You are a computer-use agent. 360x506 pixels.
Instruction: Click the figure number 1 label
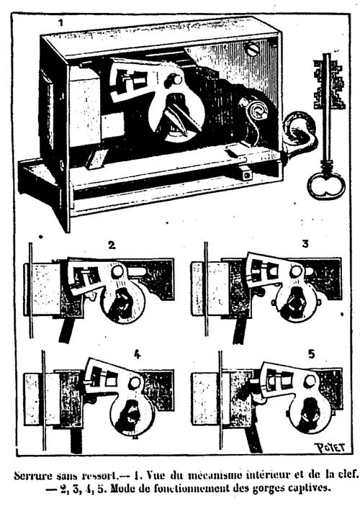[60, 22]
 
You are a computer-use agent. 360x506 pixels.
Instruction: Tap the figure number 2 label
[112, 245]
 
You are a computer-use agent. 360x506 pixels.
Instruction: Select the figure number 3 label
[305, 243]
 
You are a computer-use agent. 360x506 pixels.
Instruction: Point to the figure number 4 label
[138, 355]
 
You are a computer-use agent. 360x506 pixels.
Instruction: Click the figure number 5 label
[311, 354]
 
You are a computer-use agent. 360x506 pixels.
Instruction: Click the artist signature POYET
[329, 448]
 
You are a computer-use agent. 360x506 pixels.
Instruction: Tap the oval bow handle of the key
[326, 186]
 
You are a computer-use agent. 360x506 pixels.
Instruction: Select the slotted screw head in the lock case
[253, 50]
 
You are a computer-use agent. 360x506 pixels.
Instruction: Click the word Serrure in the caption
[31, 476]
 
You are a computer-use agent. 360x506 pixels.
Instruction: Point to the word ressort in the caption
[99, 476]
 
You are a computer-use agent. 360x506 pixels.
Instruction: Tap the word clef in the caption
[349, 475]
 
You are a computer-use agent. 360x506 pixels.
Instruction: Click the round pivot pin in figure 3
[296, 271]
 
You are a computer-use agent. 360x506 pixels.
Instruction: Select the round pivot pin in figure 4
[135, 383]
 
